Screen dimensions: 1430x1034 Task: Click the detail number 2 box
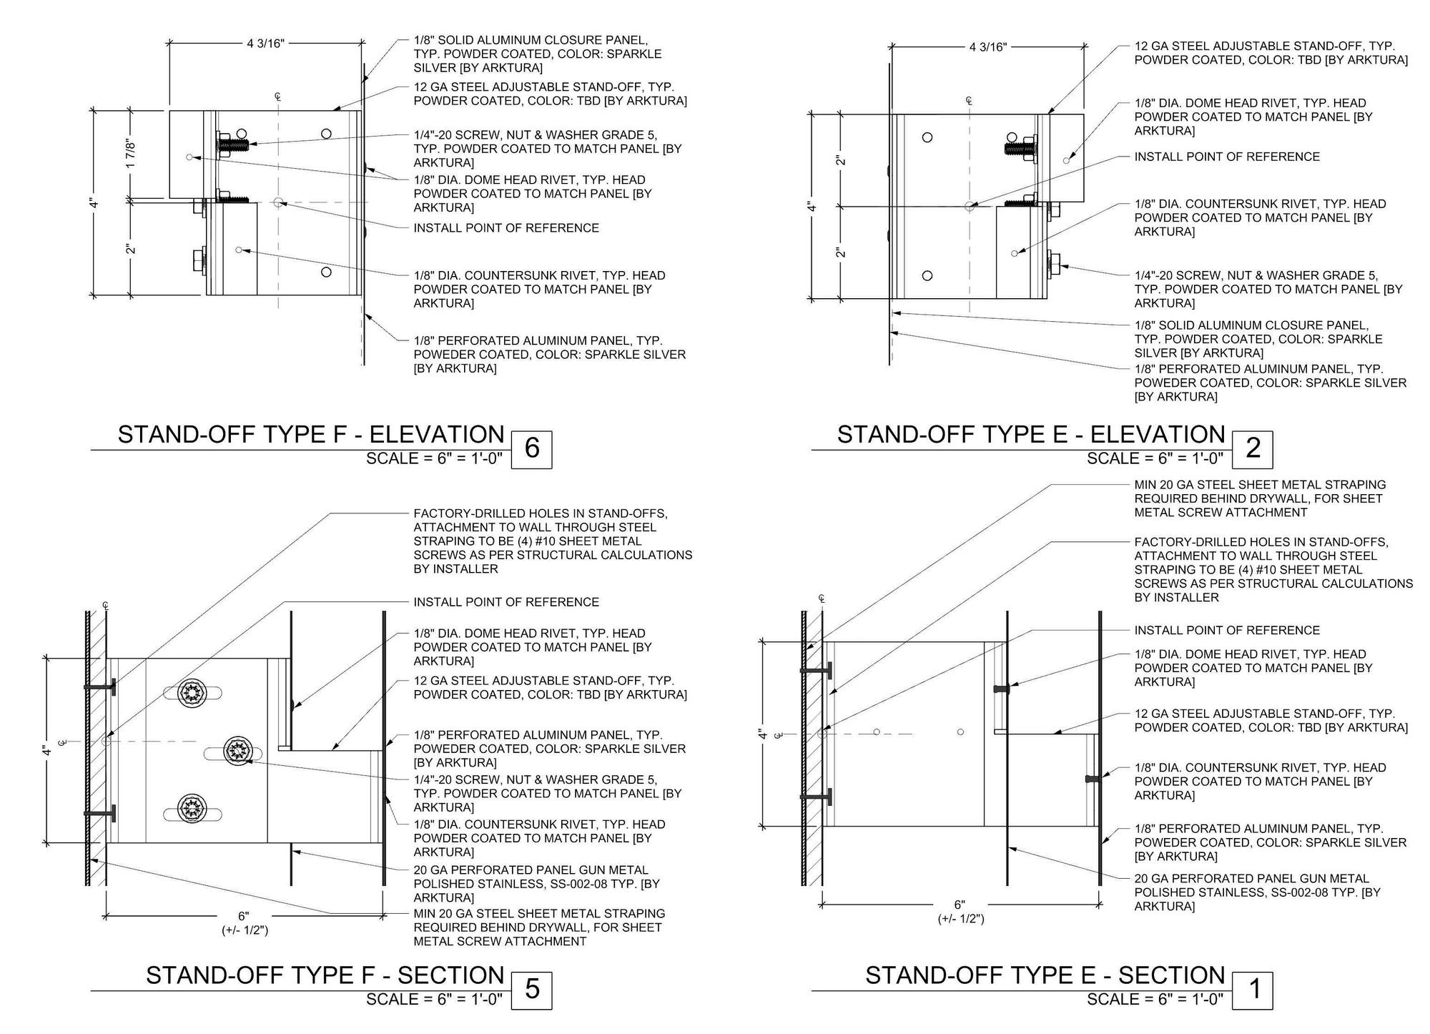1253,448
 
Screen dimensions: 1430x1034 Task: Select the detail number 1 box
1253,989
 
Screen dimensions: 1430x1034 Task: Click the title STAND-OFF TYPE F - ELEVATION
311,435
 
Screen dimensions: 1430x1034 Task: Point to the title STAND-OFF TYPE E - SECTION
1045,975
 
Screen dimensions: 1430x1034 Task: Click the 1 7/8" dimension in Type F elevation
131,153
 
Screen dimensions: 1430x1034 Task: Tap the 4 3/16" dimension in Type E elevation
988,47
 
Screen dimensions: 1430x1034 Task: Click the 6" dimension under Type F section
244,916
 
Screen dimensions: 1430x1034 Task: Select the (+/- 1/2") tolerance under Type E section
961,919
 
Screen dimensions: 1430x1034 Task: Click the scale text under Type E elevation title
1155,458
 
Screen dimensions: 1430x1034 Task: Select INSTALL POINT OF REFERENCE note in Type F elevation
506,228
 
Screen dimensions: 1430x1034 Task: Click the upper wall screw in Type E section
817,671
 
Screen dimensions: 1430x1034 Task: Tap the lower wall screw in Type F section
100,814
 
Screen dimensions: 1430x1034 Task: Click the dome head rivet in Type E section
1002,689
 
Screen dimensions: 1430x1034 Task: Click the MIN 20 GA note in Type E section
1260,498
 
